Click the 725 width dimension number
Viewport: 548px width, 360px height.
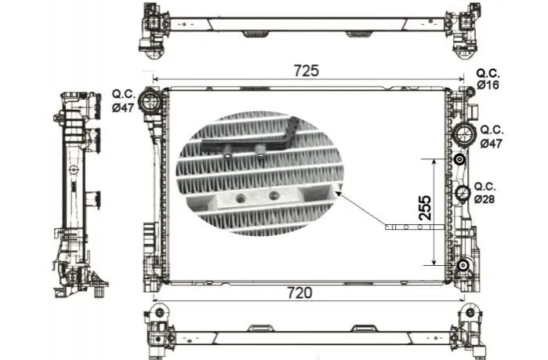click(307, 71)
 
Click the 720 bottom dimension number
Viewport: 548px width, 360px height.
click(299, 293)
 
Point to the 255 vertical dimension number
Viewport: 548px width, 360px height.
click(425, 208)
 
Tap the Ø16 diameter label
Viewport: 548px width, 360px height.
click(488, 85)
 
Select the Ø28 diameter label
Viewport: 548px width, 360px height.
click(484, 199)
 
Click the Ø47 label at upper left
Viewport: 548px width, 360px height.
click(123, 107)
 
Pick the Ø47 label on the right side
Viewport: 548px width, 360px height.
click(491, 144)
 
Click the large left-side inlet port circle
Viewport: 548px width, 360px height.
click(150, 101)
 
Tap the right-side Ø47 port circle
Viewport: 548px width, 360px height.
click(464, 134)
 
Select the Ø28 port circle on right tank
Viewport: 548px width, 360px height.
click(463, 193)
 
